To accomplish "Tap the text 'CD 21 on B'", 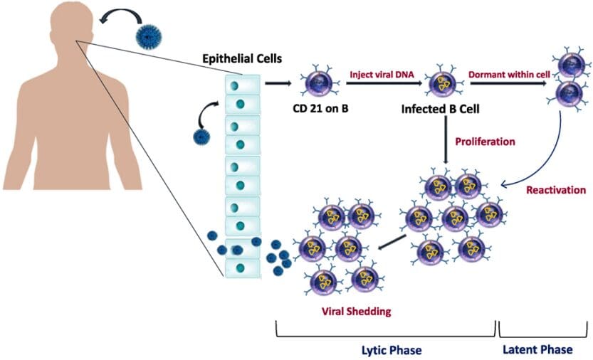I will (x=311, y=109).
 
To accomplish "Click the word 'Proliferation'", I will (x=485, y=141).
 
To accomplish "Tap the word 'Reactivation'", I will (x=555, y=190).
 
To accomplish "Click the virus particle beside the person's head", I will (x=150, y=34).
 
